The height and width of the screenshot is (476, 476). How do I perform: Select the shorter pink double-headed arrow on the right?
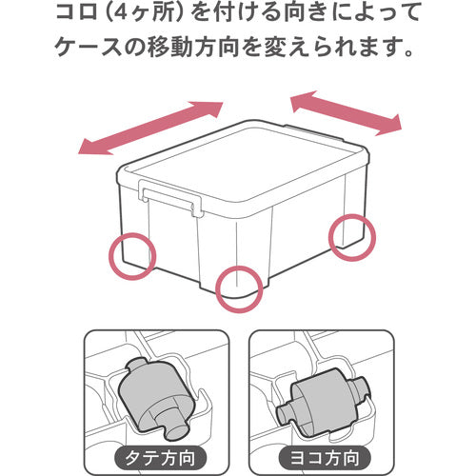[345, 111]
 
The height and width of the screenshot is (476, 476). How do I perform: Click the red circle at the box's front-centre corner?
[237, 288]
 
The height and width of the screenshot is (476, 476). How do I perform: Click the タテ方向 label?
[155, 455]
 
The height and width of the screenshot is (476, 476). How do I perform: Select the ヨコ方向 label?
[319, 455]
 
